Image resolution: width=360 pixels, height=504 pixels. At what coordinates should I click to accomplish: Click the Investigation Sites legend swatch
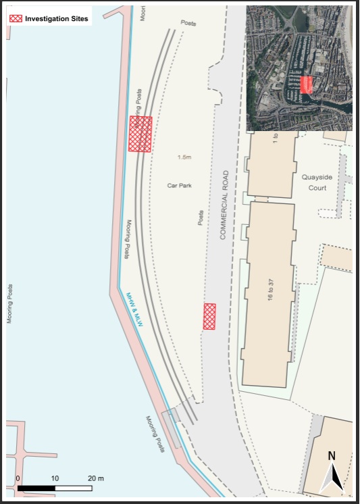(16, 19)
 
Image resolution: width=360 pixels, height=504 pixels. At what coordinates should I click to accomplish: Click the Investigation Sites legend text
(56, 19)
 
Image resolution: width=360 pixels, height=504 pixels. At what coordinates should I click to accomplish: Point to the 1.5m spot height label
(184, 157)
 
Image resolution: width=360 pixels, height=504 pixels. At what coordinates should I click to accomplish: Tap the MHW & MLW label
(136, 311)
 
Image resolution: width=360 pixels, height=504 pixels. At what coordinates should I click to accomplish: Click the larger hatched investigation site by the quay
(140, 134)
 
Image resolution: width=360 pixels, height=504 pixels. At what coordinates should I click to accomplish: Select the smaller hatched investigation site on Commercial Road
(210, 316)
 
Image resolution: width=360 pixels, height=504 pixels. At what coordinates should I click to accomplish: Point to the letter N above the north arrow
(332, 456)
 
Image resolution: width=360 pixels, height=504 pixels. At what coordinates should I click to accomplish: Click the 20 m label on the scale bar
(97, 478)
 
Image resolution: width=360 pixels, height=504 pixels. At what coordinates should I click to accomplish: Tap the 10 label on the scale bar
(55, 478)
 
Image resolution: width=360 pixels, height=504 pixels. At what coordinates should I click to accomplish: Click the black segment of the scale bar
(36, 487)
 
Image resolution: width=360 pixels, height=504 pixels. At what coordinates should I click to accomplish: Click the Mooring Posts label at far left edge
(10, 303)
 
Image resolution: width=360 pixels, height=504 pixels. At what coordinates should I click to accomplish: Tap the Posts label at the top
(188, 23)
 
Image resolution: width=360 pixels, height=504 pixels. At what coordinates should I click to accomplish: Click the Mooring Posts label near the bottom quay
(155, 434)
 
